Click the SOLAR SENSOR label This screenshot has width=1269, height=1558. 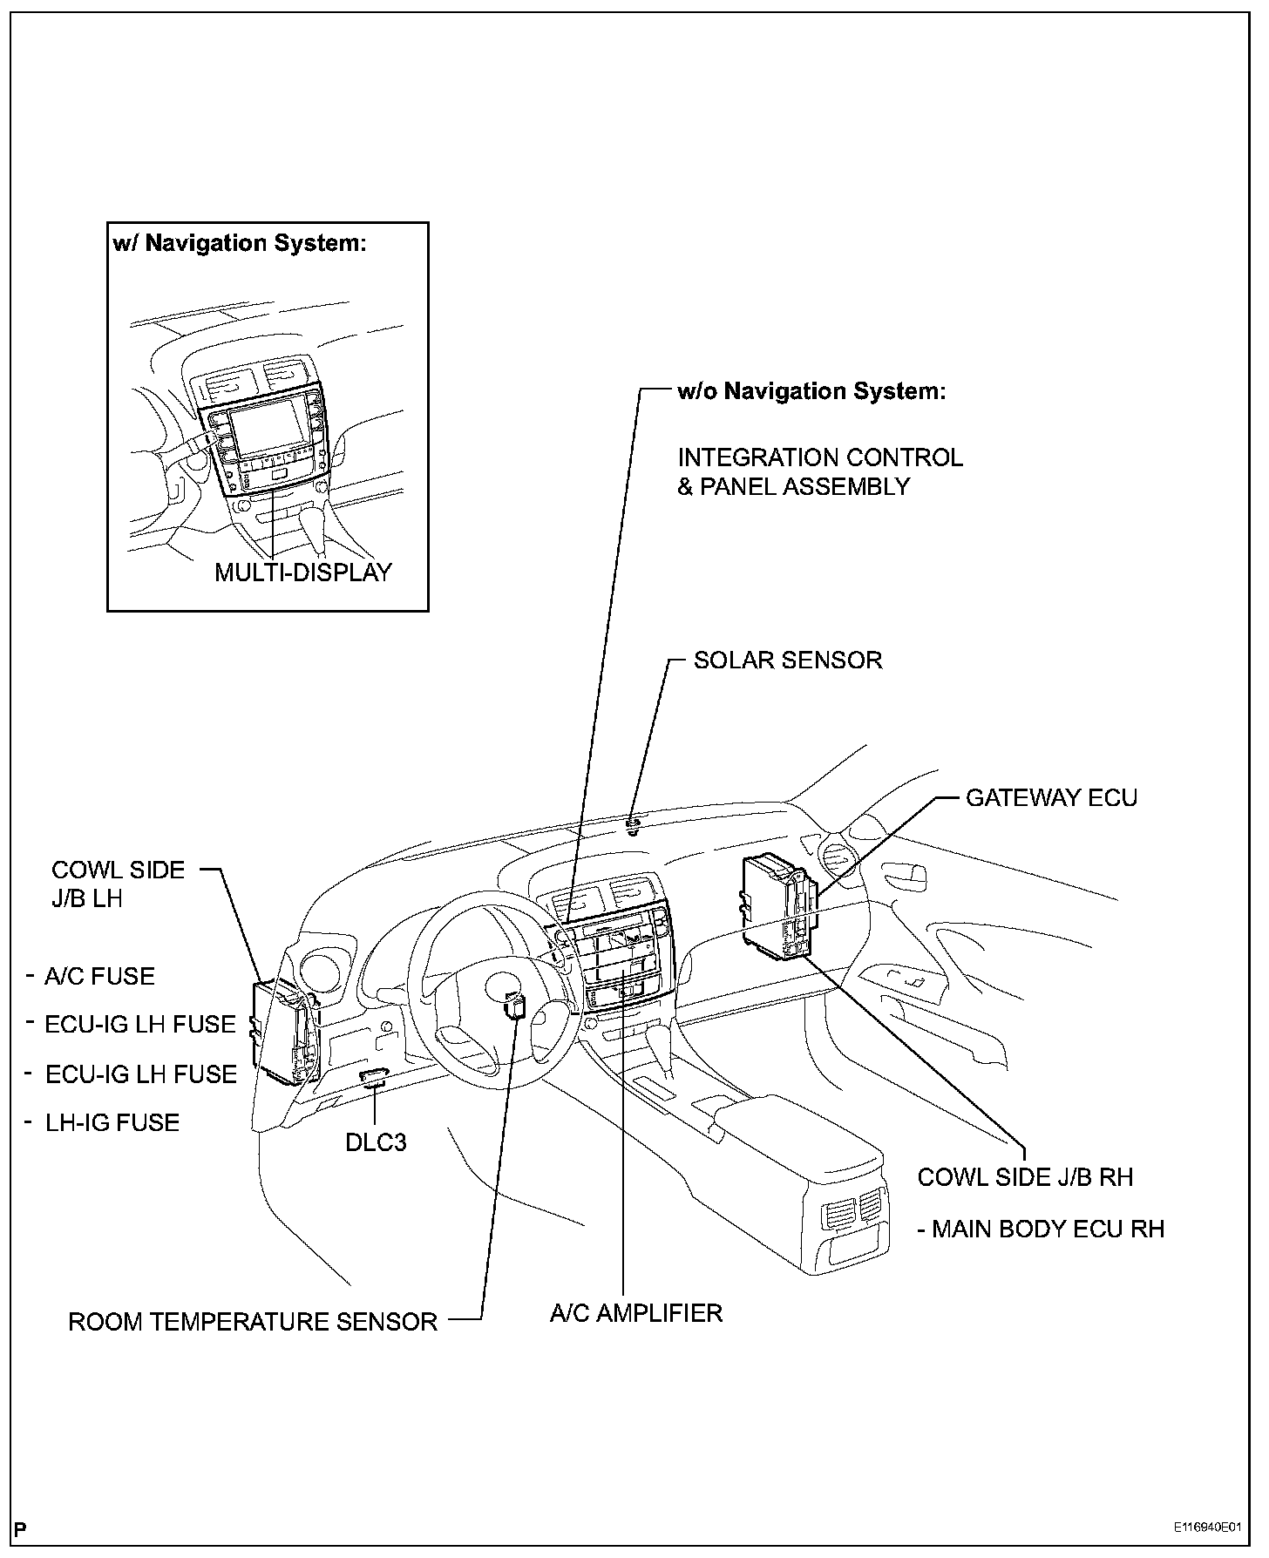point(787,660)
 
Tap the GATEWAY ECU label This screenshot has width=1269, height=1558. point(1051,797)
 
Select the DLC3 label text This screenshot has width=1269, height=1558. point(376,1141)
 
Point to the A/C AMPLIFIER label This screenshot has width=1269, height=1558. point(636,1312)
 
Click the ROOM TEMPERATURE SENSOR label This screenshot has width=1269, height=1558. point(253,1322)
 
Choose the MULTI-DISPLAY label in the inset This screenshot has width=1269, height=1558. point(303,572)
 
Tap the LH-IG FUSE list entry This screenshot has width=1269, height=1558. point(112,1122)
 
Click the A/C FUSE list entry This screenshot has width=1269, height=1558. point(99,976)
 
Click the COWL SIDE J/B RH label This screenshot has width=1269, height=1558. point(1025,1177)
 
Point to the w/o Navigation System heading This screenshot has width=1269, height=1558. point(811,391)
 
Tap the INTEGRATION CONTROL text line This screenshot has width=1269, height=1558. point(820,457)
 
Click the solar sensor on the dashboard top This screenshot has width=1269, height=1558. point(634,821)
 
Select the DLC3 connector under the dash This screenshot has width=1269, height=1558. point(374,1077)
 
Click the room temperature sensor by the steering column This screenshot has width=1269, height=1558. point(516,1007)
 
